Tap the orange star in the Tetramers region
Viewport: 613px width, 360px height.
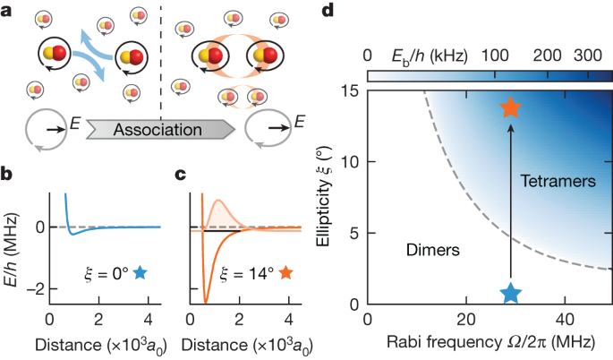click(511, 108)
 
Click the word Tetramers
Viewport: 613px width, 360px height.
click(558, 182)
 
